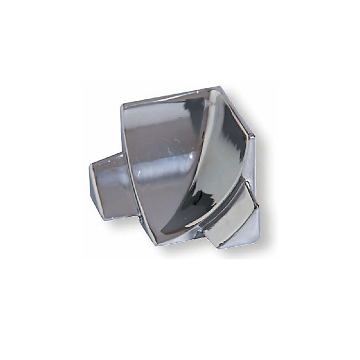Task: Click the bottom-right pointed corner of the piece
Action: [x=259, y=236]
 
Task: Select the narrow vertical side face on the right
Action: [x=251, y=165]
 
